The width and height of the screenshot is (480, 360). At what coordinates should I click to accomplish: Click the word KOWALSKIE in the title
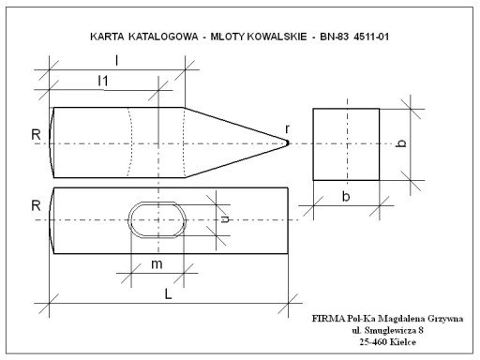pyautogui.click(x=277, y=37)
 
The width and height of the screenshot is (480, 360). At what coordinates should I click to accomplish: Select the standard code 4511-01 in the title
pyautogui.click(x=371, y=37)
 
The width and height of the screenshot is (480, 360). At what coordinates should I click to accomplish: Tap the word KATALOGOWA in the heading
pyautogui.click(x=163, y=37)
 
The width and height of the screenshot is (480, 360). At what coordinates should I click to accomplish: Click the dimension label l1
pyautogui.click(x=103, y=81)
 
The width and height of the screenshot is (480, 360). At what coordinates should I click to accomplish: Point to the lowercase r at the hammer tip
pyautogui.click(x=287, y=128)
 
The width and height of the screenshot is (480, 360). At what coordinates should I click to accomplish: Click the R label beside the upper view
pyautogui.click(x=36, y=135)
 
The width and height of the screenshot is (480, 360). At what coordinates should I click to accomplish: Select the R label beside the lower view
pyautogui.click(x=36, y=205)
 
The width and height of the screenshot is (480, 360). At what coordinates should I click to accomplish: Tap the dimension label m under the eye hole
pyautogui.click(x=157, y=264)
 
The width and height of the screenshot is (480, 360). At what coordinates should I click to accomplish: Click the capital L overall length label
pyautogui.click(x=168, y=294)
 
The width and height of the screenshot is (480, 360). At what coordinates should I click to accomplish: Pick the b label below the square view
pyautogui.click(x=346, y=197)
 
